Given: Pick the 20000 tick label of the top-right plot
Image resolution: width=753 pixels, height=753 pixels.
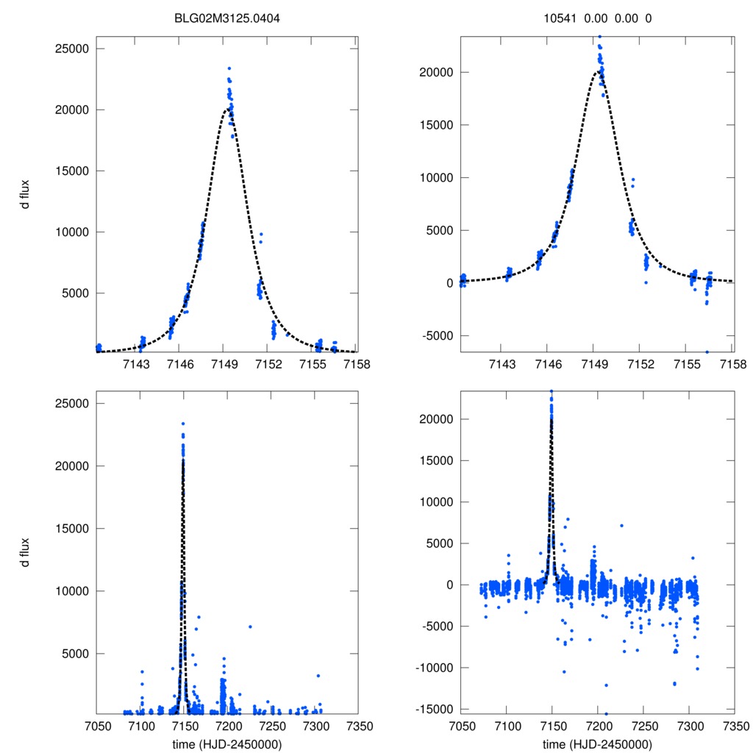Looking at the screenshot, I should (x=435, y=72).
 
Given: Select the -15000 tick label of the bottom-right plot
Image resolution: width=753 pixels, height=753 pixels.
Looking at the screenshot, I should (x=434, y=710).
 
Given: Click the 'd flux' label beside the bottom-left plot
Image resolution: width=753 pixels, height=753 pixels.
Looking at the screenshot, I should (x=26, y=552).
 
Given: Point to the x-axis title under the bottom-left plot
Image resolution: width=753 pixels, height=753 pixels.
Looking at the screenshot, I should (x=227, y=743).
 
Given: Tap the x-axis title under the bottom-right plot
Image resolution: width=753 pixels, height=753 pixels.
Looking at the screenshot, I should (x=597, y=743).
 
